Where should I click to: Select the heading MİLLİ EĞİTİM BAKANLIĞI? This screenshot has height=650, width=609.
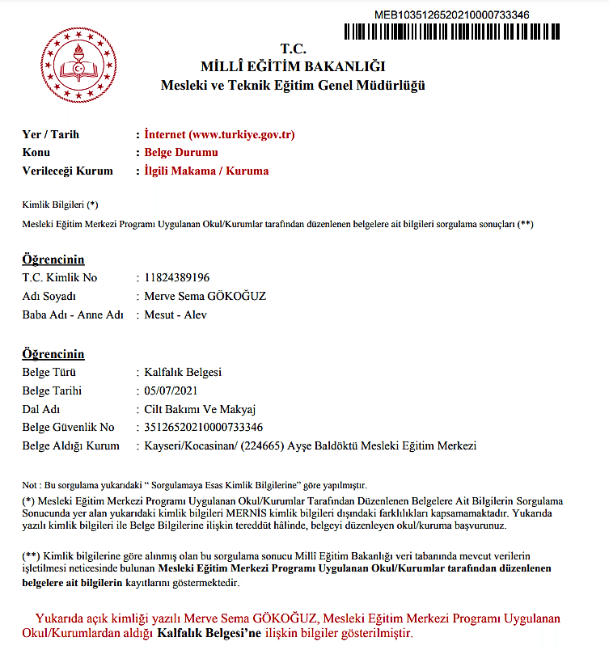pyautogui.click(x=293, y=65)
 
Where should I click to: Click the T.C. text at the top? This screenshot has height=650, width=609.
pyautogui.click(x=293, y=48)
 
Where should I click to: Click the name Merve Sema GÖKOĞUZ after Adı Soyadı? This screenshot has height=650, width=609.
pyautogui.click(x=205, y=296)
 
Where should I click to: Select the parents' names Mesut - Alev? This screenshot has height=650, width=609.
pyautogui.click(x=175, y=314)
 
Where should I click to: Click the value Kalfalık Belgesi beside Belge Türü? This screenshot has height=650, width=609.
pyautogui.click(x=183, y=372)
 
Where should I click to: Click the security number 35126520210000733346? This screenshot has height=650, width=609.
pyautogui.click(x=203, y=427)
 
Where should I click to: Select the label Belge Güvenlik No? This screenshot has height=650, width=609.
pyautogui.click(x=68, y=427)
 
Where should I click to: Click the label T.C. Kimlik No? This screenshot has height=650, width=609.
pyautogui.click(x=59, y=277)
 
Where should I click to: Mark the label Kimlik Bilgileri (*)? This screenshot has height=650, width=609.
pyautogui.click(x=60, y=205)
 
